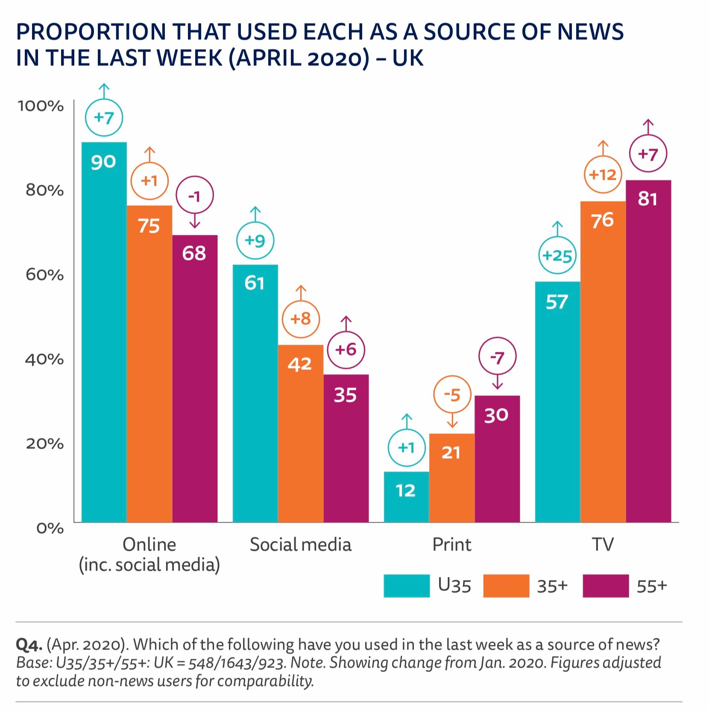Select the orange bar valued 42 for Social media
tap(300, 433)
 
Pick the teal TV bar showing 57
tap(557, 401)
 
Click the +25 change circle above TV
tap(557, 256)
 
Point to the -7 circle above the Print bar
tap(497, 357)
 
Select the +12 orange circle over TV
tap(602, 175)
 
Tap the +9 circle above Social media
tap(255, 241)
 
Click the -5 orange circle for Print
tap(452, 395)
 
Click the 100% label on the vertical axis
tap(41, 105)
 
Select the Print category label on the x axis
tap(451, 544)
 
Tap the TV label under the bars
tap(602, 544)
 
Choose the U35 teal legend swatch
tap(406, 585)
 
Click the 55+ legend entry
tap(651, 586)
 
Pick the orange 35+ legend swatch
tap(506, 585)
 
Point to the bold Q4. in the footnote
tap(29, 644)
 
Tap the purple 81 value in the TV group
tap(647, 199)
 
